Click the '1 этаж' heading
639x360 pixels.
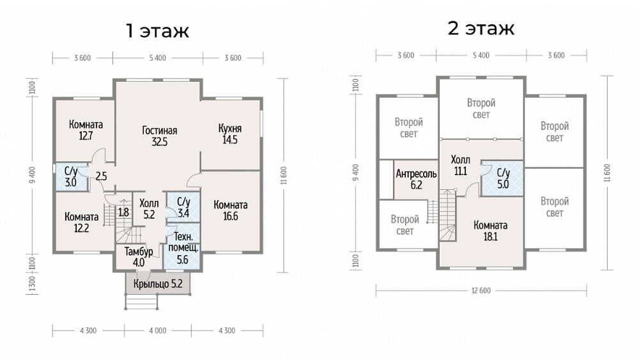[x=157, y=31]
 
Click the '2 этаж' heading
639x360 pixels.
[x=481, y=27]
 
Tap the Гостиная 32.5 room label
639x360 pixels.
[x=160, y=136]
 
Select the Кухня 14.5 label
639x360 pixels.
[x=230, y=134]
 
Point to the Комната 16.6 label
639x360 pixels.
[x=231, y=210]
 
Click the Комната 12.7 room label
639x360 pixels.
[x=86, y=130]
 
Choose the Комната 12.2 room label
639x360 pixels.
[x=82, y=223]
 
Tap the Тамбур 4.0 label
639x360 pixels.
[x=139, y=257]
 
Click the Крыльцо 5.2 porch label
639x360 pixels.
[x=158, y=284]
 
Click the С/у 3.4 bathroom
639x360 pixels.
[x=183, y=207]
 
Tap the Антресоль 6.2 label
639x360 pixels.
[x=416, y=180]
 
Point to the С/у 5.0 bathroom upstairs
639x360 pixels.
[x=503, y=178]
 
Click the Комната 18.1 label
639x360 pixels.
[x=491, y=231]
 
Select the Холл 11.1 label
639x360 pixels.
[x=461, y=165]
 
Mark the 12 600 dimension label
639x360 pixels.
[x=481, y=291]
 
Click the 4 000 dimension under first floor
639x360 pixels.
[x=158, y=331]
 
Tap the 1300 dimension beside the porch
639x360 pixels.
[x=32, y=284]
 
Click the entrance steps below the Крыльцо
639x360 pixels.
[x=141, y=302]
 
